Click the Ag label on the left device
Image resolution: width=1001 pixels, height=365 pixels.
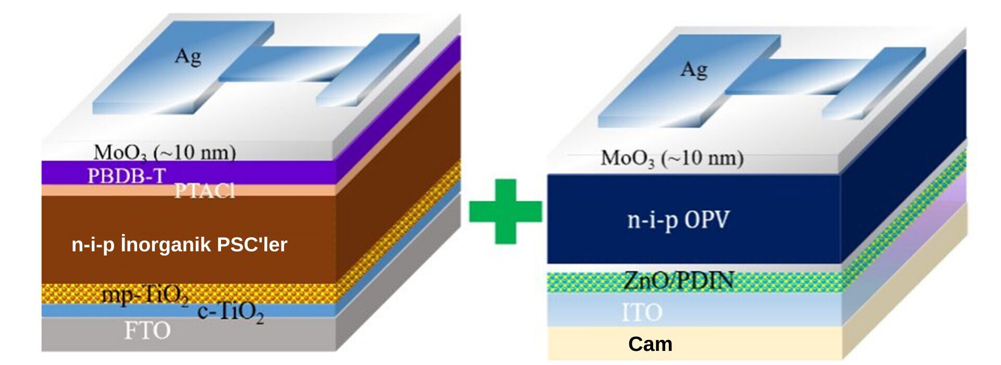(x=188, y=56)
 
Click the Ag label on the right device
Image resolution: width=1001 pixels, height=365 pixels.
(x=694, y=69)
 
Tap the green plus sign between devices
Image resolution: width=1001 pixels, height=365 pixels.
(x=505, y=211)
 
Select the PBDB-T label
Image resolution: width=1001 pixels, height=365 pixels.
(x=126, y=176)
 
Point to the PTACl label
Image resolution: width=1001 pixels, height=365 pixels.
(x=204, y=191)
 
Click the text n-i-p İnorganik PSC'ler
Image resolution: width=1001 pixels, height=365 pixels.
(x=179, y=245)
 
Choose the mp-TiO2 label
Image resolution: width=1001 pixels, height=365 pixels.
(x=145, y=296)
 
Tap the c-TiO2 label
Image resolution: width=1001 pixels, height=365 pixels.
(x=230, y=312)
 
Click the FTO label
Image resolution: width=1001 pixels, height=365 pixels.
(x=147, y=331)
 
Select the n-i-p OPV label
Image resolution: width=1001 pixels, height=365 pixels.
(x=678, y=220)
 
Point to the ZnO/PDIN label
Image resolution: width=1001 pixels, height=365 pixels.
(x=678, y=281)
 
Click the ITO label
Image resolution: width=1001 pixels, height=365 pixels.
(x=642, y=312)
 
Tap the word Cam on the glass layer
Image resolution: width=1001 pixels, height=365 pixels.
(x=650, y=344)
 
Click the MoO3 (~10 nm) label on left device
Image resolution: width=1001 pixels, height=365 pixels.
(x=165, y=153)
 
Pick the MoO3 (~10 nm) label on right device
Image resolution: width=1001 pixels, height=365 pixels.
(x=672, y=158)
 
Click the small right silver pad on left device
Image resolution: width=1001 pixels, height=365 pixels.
(x=368, y=70)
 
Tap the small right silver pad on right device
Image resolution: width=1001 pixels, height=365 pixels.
(x=874, y=83)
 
